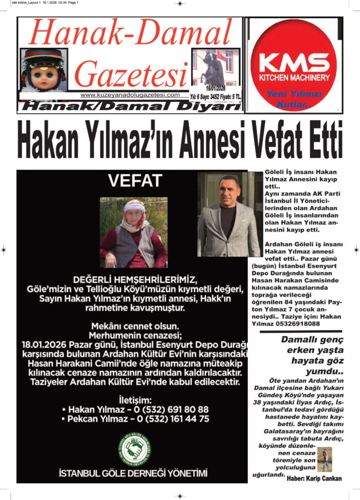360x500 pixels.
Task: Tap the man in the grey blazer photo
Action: (228, 214)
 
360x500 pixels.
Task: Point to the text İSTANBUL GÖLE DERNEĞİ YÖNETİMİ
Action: (133, 473)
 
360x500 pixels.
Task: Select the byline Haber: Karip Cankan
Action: (314, 478)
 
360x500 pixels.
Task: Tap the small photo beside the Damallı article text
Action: (324, 459)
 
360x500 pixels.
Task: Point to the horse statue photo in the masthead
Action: (213, 67)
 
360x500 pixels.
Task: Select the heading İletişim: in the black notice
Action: (133, 398)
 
